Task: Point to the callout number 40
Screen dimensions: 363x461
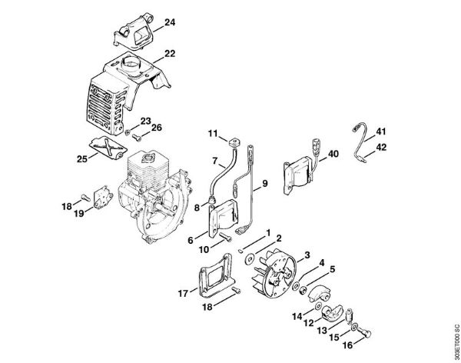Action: click(333, 154)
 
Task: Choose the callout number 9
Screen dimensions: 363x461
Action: click(264, 183)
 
